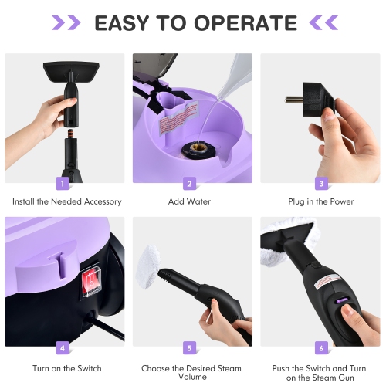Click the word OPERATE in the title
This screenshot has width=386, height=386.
click(245, 22)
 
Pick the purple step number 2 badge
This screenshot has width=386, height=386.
click(189, 184)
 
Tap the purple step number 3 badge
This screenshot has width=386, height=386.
click(320, 184)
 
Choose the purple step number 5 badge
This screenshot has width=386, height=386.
click(189, 347)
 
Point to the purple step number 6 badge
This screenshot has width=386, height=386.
click(320, 347)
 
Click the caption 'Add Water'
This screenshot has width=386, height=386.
click(189, 201)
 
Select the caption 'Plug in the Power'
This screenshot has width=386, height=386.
click(320, 201)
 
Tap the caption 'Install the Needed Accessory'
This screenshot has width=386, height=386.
click(66, 201)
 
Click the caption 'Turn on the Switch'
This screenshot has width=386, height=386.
click(66, 368)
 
